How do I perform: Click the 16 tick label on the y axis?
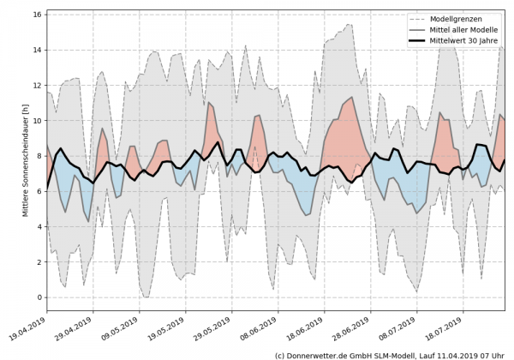[x=38, y=15]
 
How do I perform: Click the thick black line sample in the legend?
[x=400, y=41]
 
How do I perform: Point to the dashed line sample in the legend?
[x=400, y=19]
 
